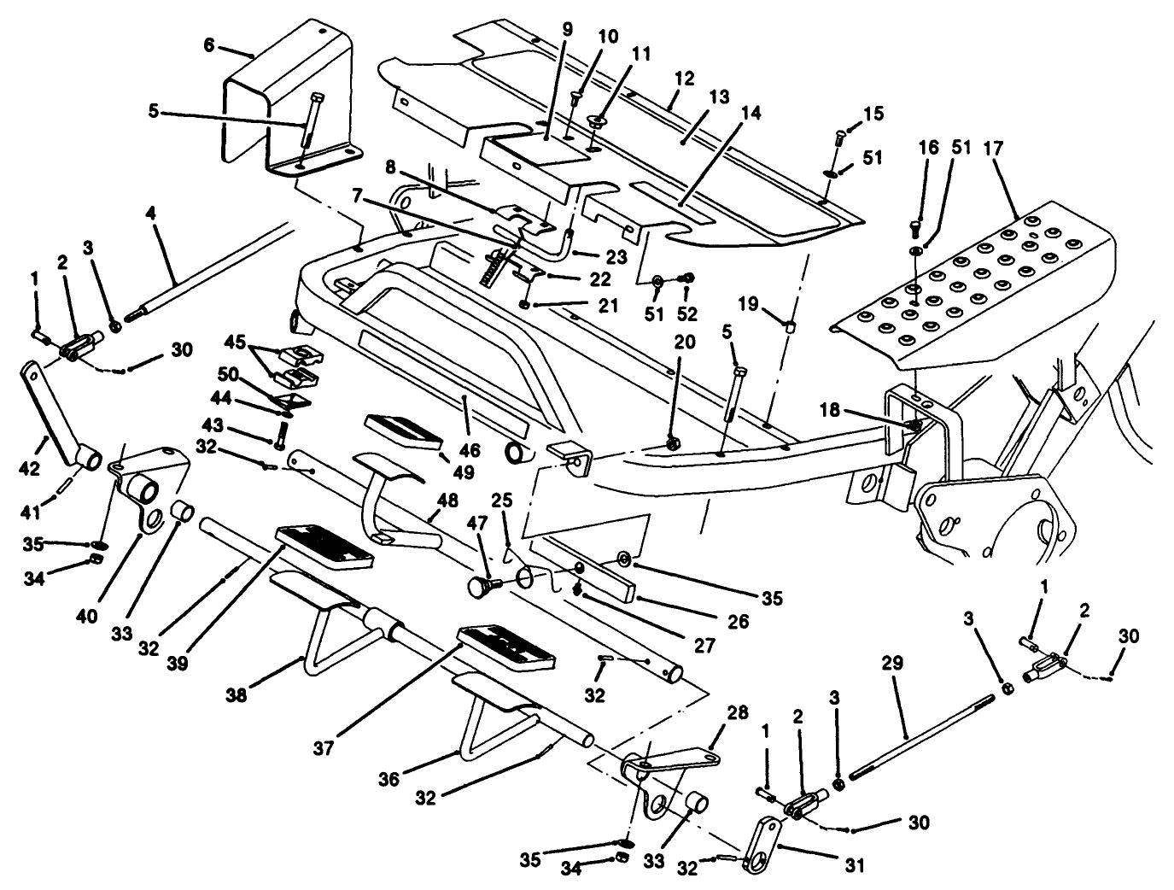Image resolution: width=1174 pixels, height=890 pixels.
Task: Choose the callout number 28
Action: click(x=737, y=713)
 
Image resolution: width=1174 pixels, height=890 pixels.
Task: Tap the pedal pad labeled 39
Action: click(x=324, y=547)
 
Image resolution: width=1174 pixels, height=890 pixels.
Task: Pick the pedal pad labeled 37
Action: click(x=505, y=647)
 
